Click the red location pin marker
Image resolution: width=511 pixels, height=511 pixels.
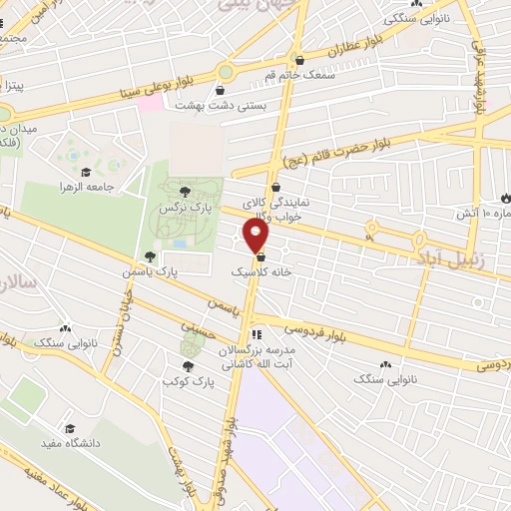pyautogui.click(x=256, y=236)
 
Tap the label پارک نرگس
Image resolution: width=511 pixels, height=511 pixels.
pyautogui.click(x=183, y=206)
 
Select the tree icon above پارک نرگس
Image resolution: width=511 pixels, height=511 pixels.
pyautogui.click(x=183, y=192)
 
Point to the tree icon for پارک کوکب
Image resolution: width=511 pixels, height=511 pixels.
pyautogui.click(x=189, y=367)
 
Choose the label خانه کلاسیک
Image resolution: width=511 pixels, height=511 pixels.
pyautogui.click(x=261, y=271)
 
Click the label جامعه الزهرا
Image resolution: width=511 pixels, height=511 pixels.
pyautogui.click(x=88, y=187)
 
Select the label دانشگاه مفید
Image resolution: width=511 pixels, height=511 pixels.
pyautogui.click(x=69, y=442)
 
